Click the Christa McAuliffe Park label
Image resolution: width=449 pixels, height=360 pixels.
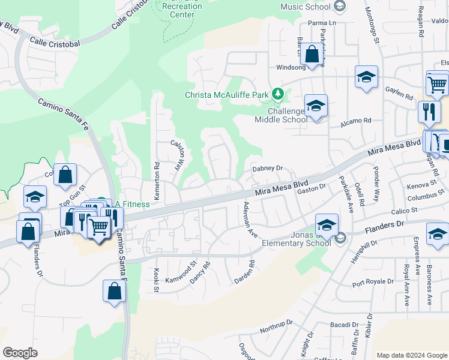(227, 95)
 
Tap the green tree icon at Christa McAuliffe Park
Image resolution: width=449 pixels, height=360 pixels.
(277, 94)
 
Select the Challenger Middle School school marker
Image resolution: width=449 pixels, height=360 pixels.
(316, 106)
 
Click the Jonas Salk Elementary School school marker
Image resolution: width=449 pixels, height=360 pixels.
(326, 226)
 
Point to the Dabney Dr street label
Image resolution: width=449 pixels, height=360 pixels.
(267, 169)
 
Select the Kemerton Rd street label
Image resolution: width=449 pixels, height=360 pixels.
(157, 173)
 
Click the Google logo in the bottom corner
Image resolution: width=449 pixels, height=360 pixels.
(20, 352)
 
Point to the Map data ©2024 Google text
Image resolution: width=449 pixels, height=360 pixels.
(411, 355)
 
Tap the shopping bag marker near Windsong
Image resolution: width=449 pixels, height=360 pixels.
(312, 55)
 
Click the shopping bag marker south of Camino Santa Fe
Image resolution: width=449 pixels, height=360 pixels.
(114, 292)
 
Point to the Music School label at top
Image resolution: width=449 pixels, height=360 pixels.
(306, 7)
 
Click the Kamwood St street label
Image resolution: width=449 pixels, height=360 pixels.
(181, 272)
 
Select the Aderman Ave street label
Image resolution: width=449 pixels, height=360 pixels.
(249, 219)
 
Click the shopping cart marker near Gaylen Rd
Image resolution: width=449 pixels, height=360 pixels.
(438, 84)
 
